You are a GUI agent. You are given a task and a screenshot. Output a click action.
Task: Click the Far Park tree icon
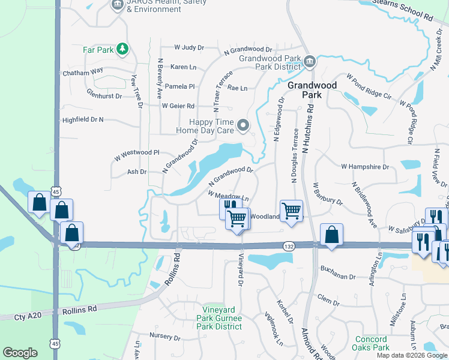122,49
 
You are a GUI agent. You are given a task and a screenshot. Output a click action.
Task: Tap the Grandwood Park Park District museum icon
310,61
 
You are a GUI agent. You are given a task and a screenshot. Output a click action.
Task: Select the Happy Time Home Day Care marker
243,125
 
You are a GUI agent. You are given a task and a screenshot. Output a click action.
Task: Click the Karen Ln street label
184,67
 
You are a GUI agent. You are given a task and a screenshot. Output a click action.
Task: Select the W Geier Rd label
178,106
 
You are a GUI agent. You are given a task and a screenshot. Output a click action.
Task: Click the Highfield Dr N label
83,120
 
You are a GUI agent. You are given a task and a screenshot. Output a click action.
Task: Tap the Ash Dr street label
137,172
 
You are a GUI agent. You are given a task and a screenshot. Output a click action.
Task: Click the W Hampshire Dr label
365,166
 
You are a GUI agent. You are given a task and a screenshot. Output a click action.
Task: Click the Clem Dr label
328,297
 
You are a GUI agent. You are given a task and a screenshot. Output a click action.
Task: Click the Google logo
20,353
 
